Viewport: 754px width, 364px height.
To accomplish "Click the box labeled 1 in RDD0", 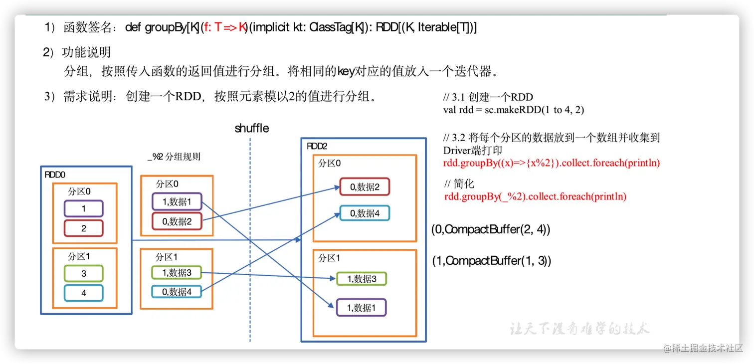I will point(84,208).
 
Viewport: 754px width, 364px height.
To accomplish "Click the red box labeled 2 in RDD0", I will point(84,228).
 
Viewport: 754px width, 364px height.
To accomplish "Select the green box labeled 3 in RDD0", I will point(84,273).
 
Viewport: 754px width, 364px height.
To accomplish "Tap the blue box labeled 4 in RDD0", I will point(84,293).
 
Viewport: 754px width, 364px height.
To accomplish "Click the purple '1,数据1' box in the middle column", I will point(177,201).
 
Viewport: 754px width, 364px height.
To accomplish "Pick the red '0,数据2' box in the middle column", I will point(177,221).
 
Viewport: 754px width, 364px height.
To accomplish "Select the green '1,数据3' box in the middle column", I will point(177,272).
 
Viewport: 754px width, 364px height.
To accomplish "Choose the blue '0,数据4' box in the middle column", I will point(177,292).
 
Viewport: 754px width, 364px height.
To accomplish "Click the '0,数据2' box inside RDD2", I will point(364,186).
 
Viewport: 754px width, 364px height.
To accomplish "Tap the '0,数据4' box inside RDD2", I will point(364,213).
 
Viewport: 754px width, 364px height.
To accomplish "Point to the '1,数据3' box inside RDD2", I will point(362,279).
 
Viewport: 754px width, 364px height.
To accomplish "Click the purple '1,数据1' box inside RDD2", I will point(362,308).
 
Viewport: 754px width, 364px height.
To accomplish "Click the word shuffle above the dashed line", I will point(252,128).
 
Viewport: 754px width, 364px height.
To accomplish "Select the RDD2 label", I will point(317,146).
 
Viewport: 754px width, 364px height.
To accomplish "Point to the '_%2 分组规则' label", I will point(174,157).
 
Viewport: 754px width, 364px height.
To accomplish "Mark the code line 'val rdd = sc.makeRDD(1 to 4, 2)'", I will point(513,110).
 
